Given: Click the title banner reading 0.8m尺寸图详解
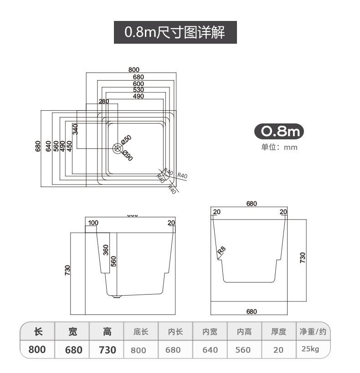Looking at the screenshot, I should click(175, 32).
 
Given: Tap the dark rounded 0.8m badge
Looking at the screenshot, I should click(278, 132).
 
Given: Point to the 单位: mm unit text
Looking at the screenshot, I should click(279, 147).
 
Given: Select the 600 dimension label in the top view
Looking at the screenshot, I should click(139, 84).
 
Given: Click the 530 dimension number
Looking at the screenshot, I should click(139, 90).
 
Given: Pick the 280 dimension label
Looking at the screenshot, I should click(104, 101).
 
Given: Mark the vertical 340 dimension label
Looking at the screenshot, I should click(76, 129).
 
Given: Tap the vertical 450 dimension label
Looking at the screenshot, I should click(69, 146).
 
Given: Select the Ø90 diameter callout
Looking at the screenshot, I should click(127, 155).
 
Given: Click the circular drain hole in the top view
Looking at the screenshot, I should click(118, 148).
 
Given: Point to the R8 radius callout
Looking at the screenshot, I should click(221, 250).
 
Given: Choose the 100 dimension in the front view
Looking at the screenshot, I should click(93, 223).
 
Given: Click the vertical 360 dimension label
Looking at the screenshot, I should click(106, 250).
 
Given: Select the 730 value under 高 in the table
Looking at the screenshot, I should click(108, 350).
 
